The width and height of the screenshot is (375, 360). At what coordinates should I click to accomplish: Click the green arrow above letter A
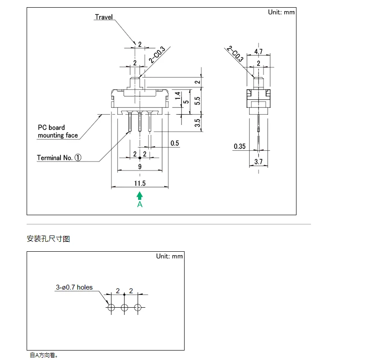pyautogui.click(x=140, y=195)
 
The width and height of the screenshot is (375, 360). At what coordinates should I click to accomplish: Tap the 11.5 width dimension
pyautogui.click(x=140, y=183)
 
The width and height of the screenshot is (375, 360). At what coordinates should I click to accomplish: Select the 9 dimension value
pyautogui.click(x=140, y=166)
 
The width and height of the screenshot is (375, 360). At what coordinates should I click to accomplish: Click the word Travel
pyautogui.click(x=104, y=17)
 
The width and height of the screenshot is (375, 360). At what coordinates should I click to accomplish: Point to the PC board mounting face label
pyautogui.click(x=57, y=131)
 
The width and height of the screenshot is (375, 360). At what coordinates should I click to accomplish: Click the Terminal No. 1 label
pyautogui.click(x=59, y=158)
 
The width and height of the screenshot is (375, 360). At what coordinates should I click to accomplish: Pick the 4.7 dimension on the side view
pyautogui.click(x=259, y=52)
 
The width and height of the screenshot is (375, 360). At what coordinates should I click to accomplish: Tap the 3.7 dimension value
pyautogui.click(x=259, y=162)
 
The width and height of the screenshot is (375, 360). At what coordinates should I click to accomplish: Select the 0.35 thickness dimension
pyautogui.click(x=240, y=146)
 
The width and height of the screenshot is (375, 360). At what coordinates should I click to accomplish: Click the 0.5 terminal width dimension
pyautogui.click(x=175, y=143)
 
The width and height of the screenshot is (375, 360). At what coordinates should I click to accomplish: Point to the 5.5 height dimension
pyautogui.click(x=197, y=100)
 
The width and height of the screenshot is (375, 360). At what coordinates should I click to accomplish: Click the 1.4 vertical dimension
pyautogui.click(x=178, y=96)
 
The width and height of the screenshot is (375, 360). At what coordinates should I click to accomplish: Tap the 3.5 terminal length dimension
pyautogui.click(x=197, y=122)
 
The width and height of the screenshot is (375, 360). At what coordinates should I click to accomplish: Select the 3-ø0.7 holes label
pyautogui.click(x=74, y=287)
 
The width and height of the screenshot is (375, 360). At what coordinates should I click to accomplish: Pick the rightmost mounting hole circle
pyautogui.click(x=138, y=308)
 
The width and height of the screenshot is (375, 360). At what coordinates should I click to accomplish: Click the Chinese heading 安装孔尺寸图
pyautogui.click(x=48, y=239)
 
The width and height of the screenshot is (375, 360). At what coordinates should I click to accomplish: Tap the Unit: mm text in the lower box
pyautogui.click(x=169, y=256)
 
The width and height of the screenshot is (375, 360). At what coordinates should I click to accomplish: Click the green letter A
pyautogui.click(x=140, y=204)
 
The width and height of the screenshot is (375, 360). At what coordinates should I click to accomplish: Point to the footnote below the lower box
pyautogui.click(x=44, y=355)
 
